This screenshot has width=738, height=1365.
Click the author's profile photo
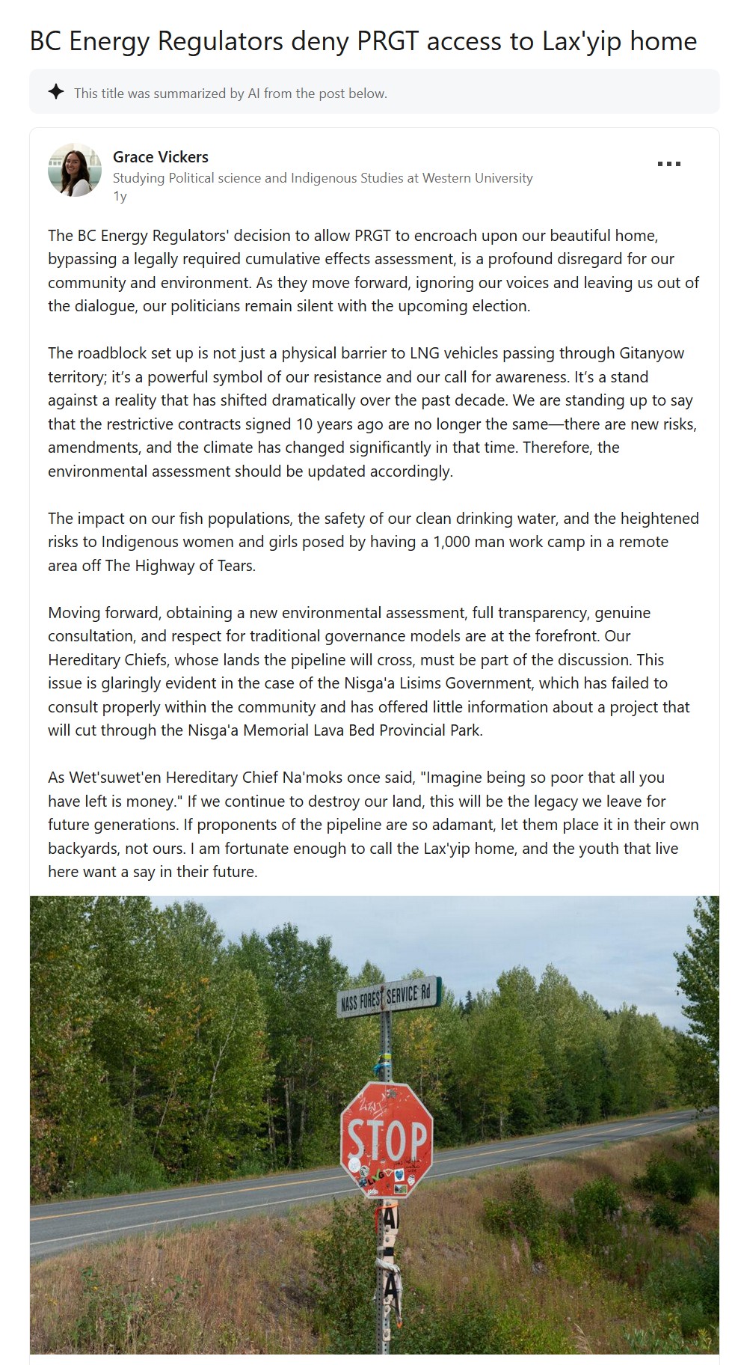75,171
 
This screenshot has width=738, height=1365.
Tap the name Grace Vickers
161,157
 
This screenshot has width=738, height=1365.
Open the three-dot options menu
668,164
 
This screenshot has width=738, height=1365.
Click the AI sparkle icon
56,92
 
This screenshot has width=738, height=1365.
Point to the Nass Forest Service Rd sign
388,996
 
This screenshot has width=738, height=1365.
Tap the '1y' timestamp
120,196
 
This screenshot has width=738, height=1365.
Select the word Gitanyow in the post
651,353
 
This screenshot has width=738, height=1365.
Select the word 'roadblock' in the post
114,353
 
